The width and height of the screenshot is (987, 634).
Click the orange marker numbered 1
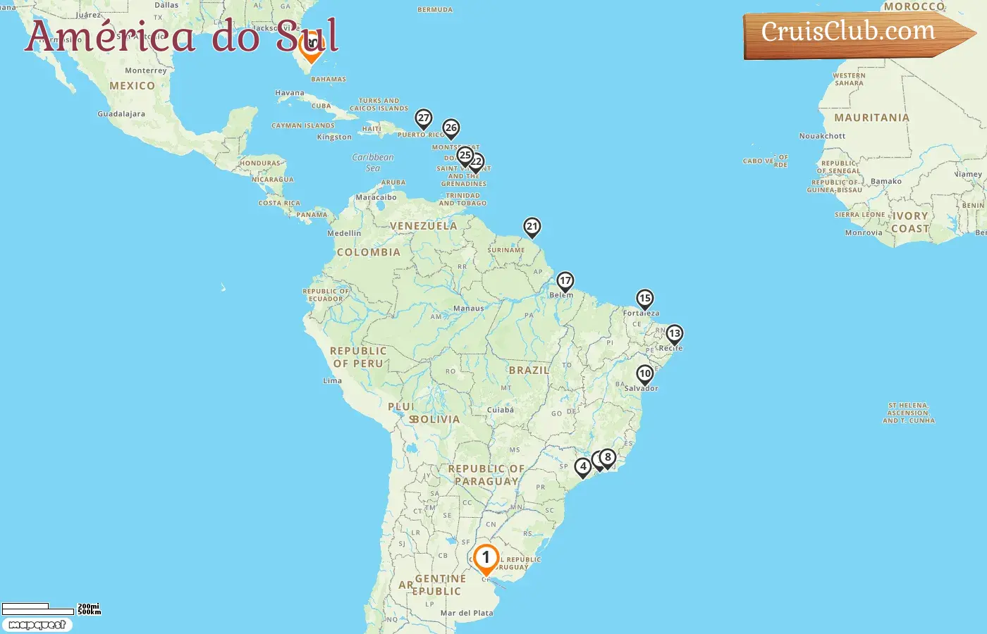click(486, 559)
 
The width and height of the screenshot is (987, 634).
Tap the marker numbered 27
click(423, 118)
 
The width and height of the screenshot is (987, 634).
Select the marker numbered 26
click(451, 129)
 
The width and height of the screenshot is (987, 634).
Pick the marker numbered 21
click(532, 227)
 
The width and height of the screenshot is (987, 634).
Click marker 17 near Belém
click(565, 281)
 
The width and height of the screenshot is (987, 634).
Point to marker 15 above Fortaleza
click(644, 299)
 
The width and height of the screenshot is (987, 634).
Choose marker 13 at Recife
click(675, 334)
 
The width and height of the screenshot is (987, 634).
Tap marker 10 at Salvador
click(645, 374)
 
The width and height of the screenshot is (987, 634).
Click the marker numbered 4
click(583, 467)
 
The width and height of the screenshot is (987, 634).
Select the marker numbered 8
click(608, 458)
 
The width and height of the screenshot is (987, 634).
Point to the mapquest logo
click(37, 625)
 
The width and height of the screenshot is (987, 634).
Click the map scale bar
click(39, 608)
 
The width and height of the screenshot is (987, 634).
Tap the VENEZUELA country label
click(423, 226)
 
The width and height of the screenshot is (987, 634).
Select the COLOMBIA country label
click(368, 252)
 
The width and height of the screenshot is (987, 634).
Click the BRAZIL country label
click(529, 370)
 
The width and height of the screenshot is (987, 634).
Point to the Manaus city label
click(469, 309)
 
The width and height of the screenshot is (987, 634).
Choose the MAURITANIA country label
click(871, 118)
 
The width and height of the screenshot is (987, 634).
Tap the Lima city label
click(333, 380)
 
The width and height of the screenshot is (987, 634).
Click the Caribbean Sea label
click(373, 162)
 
